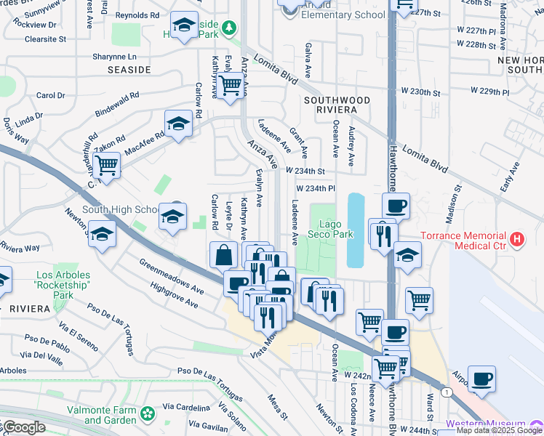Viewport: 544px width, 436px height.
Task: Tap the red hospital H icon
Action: click(x=516, y=238)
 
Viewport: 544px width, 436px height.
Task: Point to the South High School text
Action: click(x=121, y=209)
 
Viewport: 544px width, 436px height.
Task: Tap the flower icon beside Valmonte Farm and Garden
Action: click(x=148, y=413)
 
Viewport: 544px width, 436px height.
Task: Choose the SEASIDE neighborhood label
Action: click(x=129, y=70)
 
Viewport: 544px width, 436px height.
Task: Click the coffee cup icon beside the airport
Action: click(x=481, y=378)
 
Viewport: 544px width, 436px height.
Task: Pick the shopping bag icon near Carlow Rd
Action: click(x=223, y=255)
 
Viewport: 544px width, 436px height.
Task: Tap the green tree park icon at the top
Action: click(x=229, y=27)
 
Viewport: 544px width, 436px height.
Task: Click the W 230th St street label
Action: click(x=421, y=93)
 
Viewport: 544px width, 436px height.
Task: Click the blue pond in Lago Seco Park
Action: click(x=356, y=230)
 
